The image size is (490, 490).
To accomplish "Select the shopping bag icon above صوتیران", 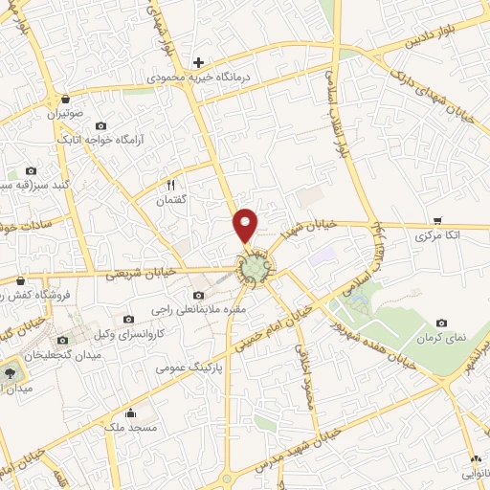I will (x=64, y=99).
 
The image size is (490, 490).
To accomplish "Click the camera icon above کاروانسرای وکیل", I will (x=129, y=320).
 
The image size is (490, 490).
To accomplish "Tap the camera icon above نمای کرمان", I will (x=441, y=323).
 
